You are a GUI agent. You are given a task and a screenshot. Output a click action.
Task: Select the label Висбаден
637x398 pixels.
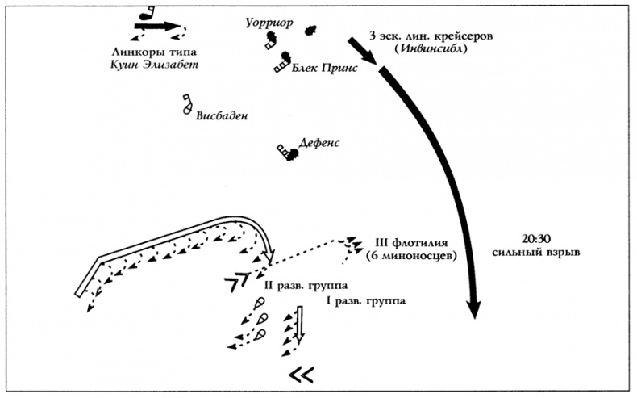[x=221, y=115]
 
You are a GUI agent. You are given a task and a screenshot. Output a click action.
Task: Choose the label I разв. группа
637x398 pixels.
[x=365, y=301]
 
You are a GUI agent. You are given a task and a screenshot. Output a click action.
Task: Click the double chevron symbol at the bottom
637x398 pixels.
[x=302, y=374]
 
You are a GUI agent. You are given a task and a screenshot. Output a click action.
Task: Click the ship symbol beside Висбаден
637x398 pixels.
[x=187, y=103]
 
